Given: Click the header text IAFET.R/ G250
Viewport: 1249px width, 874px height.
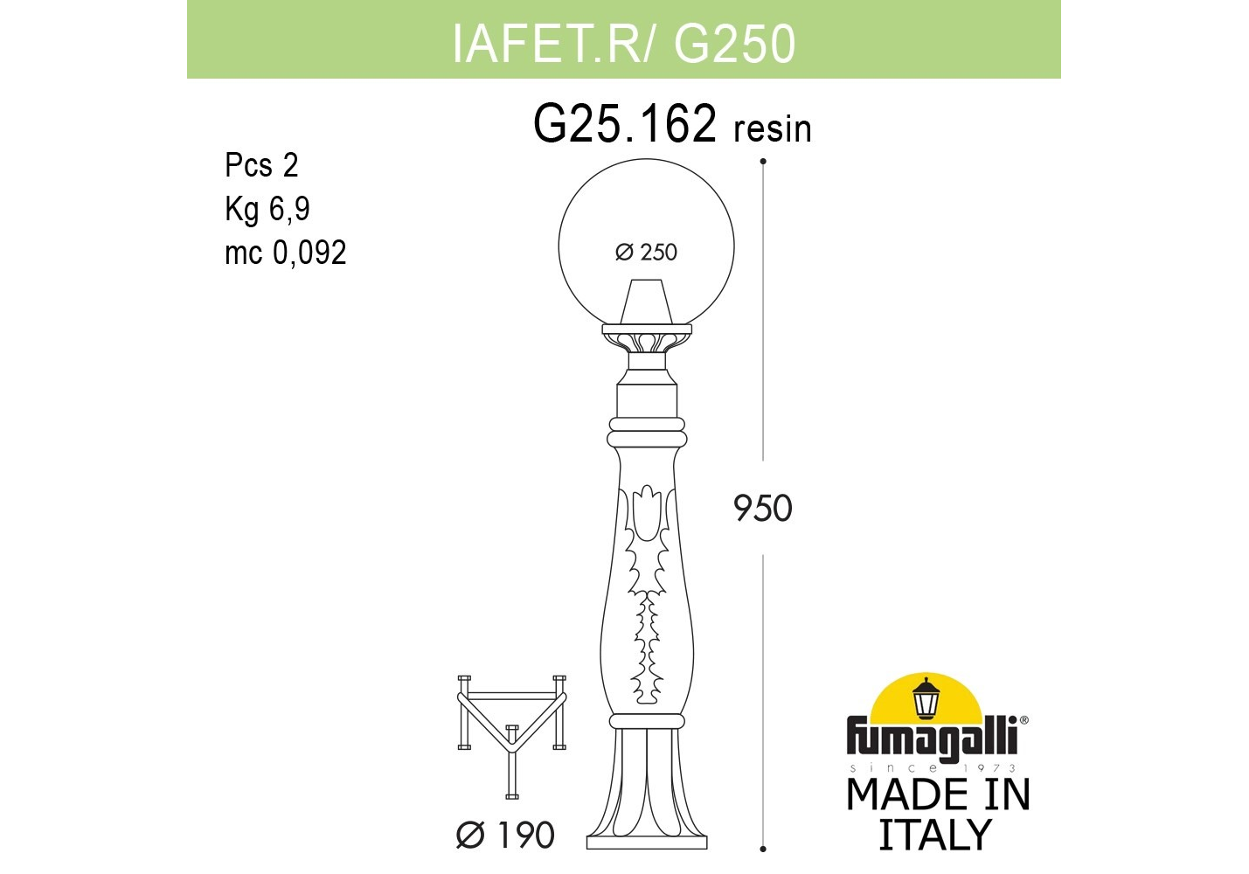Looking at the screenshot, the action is click(x=624, y=44).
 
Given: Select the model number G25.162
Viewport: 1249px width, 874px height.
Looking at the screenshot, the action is click(x=624, y=123).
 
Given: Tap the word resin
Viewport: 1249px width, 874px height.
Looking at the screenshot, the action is click(x=773, y=128).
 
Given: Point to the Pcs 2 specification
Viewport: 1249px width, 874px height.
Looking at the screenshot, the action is click(x=261, y=165).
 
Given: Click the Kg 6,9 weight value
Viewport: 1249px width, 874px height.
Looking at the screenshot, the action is click(x=267, y=210).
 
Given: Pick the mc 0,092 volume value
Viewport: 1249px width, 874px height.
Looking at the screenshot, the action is click(x=286, y=253).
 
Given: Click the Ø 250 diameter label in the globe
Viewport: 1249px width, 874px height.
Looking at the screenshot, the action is click(x=646, y=253).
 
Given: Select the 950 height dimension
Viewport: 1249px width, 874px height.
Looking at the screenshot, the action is click(x=763, y=509).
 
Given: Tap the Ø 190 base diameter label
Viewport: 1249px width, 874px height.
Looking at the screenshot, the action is click(x=506, y=835).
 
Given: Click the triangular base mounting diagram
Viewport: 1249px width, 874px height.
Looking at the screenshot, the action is click(x=512, y=737).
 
